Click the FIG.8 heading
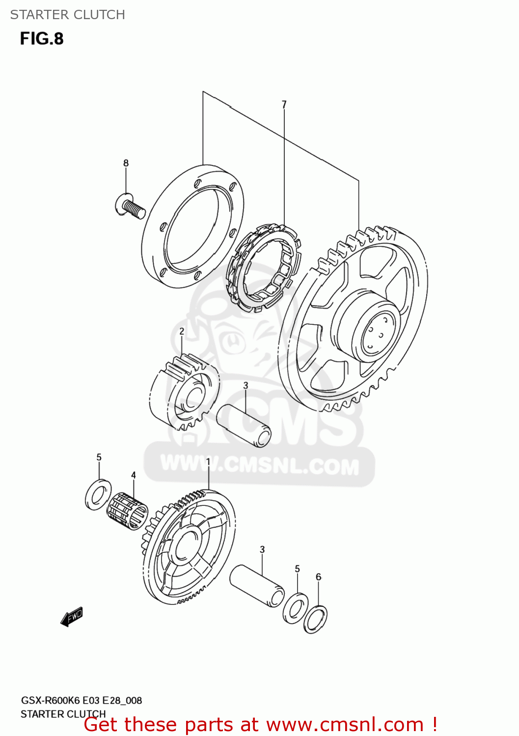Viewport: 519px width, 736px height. (x=42, y=39)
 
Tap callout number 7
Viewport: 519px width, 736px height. (x=284, y=105)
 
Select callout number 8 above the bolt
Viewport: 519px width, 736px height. (x=126, y=163)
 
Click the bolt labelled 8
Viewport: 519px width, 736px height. (x=130, y=207)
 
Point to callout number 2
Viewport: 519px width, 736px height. (x=182, y=332)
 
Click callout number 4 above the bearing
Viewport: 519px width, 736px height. (x=133, y=475)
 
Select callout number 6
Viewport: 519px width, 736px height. (x=318, y=577)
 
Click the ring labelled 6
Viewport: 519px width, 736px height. (x=315, y=619)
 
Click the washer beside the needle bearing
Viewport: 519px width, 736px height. (x=98, y=495)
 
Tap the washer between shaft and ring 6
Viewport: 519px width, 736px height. (x=296, y=608)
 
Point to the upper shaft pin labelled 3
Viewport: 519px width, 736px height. (x=244, y=425)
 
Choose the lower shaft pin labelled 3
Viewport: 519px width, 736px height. (x=257, y=586)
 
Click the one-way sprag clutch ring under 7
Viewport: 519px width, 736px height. (x=263, y=267)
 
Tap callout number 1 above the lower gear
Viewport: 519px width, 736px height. (x=208, y=462)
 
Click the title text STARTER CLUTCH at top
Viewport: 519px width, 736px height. (x=67, y=15)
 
